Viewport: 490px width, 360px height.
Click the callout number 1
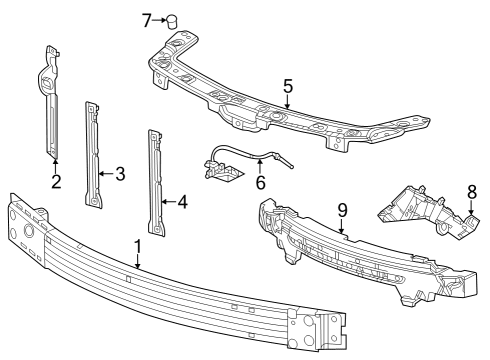[x=138, y=246]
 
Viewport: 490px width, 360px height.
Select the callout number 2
[x=56, y=182]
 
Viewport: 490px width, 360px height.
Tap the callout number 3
[x=120, y=174]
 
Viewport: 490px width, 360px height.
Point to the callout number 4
[x=181, y=200]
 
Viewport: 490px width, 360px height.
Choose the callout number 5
[x=287, y=87]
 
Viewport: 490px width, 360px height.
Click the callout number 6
[x=260, y=183]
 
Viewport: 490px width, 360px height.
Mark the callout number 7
[x=146, y=20]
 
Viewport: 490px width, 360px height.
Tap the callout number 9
[x=341, y=211]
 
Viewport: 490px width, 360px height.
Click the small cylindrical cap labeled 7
[x=171, y=21]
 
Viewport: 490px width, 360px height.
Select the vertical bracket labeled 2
[x=50, y=100]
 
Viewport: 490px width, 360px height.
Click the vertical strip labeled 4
[x=157, y=180]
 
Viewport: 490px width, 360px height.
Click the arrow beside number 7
[x=158, y=20]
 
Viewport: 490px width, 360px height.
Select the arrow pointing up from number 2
[x=56, y=165]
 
